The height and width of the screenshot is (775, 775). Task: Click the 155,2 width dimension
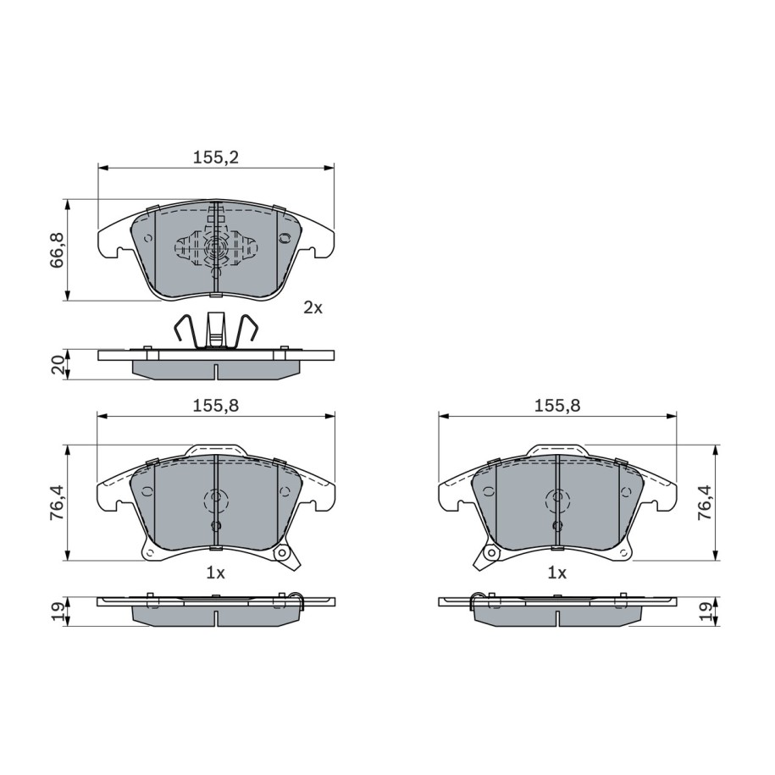tap(215, 158)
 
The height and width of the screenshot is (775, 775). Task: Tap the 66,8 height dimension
tap(58, 250)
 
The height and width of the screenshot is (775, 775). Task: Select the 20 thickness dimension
tap(58, 365)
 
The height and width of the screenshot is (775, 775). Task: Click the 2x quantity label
tap(313, 308)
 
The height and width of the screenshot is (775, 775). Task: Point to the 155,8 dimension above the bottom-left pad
tap(215, 406)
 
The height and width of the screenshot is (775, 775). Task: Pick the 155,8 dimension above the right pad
tap(557, 406)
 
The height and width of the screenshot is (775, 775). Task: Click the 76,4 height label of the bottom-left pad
tap(58, 502)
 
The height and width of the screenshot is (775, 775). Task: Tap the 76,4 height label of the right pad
tap(705, 502)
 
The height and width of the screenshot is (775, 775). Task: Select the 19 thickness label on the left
tap(58, 612)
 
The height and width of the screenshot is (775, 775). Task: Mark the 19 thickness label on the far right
tap(706, 612)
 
